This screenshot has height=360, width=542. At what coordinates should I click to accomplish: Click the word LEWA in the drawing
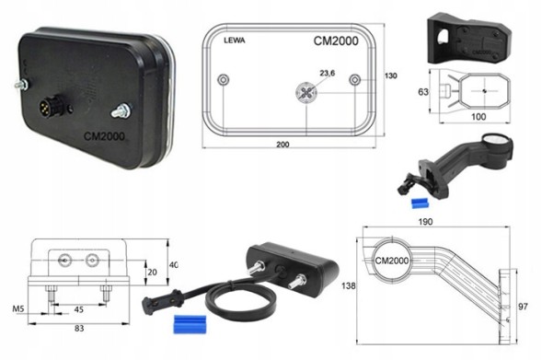click(235, 41)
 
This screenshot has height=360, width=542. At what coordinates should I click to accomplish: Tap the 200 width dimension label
click(283, 145)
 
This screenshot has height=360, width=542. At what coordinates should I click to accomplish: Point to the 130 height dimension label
click(390, 75)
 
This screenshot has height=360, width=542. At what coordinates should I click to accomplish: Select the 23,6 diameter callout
click(327, 74)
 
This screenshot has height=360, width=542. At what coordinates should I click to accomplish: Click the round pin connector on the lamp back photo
click(47, 104)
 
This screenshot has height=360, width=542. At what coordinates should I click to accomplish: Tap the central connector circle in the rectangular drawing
click(306, 92)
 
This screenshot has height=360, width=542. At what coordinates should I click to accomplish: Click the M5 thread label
click(18, 308)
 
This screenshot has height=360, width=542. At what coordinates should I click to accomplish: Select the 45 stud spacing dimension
click(79, 309)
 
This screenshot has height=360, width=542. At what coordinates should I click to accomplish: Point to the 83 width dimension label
click(79, 328)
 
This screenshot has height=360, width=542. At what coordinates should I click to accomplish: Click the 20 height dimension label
click(152, 273)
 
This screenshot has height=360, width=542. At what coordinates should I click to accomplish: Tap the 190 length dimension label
click(425, 222)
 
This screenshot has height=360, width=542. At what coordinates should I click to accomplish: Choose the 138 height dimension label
click(348, 286)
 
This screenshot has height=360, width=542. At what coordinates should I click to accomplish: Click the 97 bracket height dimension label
click(524, 307)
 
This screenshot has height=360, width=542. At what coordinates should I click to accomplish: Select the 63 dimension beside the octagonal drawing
click(423, 92)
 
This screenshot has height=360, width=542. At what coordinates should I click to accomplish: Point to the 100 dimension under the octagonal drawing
click(479, 117)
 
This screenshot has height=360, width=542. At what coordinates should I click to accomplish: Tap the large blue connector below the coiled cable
click(190, 324)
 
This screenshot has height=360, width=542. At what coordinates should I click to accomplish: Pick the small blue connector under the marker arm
click(420, 203)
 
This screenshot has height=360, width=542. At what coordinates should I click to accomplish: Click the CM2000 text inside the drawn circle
click(392, 261)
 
